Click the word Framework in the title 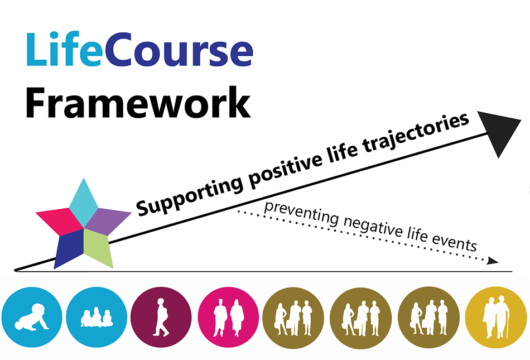tap(138, 103)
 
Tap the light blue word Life tap(64, 49)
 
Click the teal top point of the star tap(84, 202)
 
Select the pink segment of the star tap(60, 221)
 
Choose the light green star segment tap(98, 248)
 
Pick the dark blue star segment tap(69, 248)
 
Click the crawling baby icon tap(32, 317)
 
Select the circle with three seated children tap(97, 317)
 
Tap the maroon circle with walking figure tap(161, 317)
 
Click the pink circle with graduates tap(229, 318)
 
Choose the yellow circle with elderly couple tap(496, 318)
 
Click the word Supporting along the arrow tap(189, 196)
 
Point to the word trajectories tap(416, 132)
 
